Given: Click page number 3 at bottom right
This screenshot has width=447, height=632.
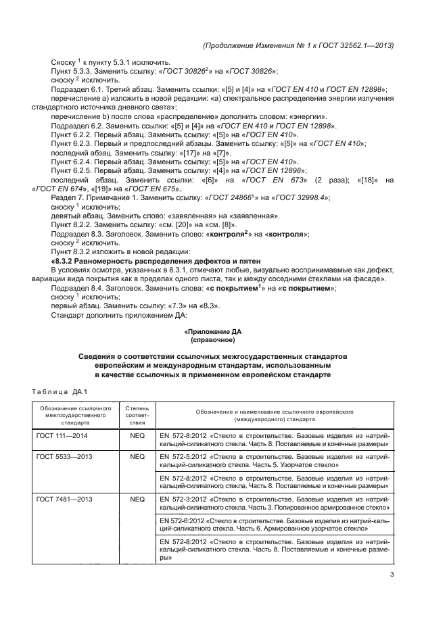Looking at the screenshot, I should point(392,575).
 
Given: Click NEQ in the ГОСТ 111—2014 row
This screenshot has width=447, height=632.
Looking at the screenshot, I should point(137,436).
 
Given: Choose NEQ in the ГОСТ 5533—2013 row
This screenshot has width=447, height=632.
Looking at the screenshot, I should point(137,456).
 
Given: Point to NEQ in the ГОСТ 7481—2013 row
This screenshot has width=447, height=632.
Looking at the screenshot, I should point(137,498).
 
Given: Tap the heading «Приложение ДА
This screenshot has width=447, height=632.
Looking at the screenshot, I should point(212,332).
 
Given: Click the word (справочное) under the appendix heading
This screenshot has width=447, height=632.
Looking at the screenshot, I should point(212,340).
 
